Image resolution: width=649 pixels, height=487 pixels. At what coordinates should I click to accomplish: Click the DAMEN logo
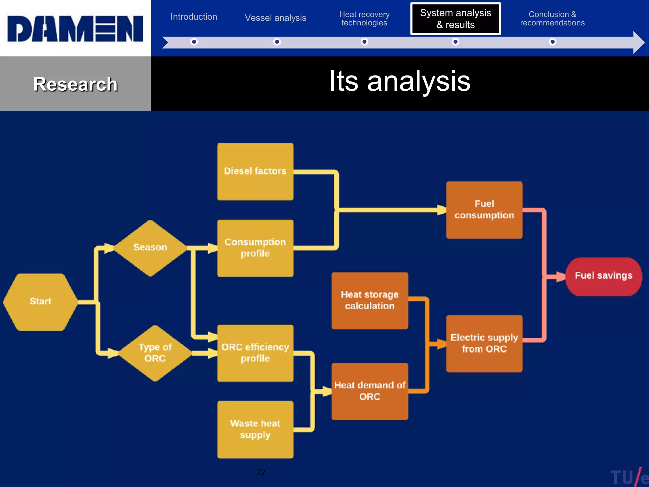(75, 29)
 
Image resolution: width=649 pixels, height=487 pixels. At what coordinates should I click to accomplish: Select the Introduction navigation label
(194, 16)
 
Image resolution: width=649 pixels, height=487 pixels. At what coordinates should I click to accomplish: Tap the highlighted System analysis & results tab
(455, 19)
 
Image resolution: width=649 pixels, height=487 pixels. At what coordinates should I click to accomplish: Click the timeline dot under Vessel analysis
(277, 42)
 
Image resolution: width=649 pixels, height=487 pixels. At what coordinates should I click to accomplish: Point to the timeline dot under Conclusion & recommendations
(552, 42)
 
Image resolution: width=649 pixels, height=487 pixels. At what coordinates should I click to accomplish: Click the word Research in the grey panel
(75, 84)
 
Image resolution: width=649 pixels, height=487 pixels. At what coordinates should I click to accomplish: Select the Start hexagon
(40, 301)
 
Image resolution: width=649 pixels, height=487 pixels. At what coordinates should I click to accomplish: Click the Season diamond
(150, 247)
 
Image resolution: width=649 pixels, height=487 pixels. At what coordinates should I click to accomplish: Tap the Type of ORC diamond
(155, 353)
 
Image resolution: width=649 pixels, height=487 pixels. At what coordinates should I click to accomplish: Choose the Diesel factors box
(255, 171)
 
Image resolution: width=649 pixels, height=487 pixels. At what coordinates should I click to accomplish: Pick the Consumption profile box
(255, 248)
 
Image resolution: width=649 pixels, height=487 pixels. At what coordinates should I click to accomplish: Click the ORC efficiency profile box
(255, 353)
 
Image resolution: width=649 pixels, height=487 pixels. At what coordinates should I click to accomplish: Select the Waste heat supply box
(255, 429)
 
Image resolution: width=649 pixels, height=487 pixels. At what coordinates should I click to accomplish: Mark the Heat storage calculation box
(369, 300)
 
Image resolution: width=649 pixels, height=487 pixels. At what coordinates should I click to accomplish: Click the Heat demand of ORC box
(369, 391)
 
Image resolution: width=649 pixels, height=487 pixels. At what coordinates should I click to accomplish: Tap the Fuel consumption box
(484, 210)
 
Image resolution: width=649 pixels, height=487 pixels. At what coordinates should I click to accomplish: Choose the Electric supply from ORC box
(484, 343)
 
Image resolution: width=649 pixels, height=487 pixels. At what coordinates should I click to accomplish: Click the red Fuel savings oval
(603, 276)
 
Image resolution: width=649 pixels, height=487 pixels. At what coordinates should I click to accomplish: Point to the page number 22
(260, 472)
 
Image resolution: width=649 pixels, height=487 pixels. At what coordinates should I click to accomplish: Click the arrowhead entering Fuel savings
(560, 276)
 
